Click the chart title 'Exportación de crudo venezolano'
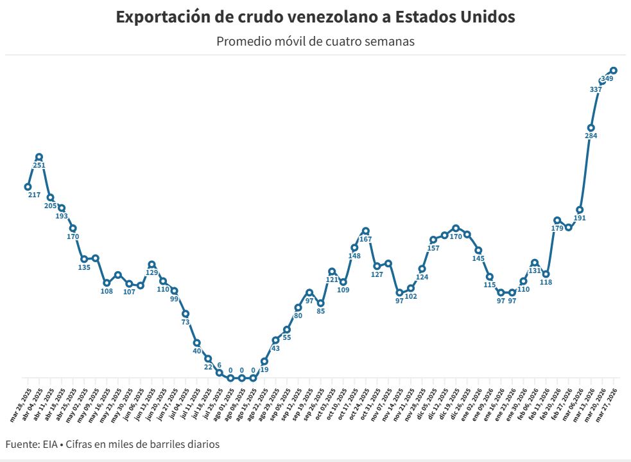315,17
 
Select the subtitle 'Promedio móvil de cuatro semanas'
315,42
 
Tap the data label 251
39,165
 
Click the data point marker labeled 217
28,187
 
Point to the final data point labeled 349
614,70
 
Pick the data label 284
591,136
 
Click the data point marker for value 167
365,231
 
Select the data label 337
595,89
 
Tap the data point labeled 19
264,362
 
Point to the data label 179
557,229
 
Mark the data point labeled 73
186,314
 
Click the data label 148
354,256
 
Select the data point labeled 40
196,342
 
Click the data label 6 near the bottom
219,365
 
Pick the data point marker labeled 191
580,209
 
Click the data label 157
433,248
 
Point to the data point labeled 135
84,259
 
